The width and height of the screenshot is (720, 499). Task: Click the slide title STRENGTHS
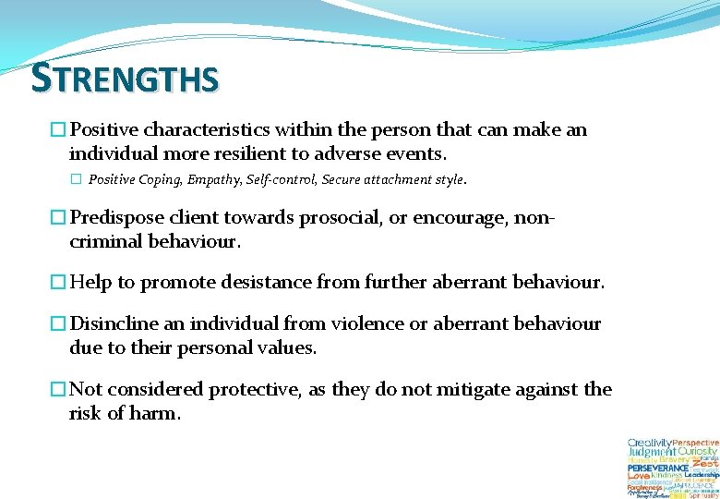(x=125, y=79)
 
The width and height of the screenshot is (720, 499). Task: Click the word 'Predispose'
(x=114, y=218)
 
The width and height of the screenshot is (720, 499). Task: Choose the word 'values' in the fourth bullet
(x=285, y=347)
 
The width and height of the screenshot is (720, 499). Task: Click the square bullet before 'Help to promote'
(x=58, y=283)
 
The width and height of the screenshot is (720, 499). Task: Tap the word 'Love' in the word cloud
(x=638, y=475)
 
